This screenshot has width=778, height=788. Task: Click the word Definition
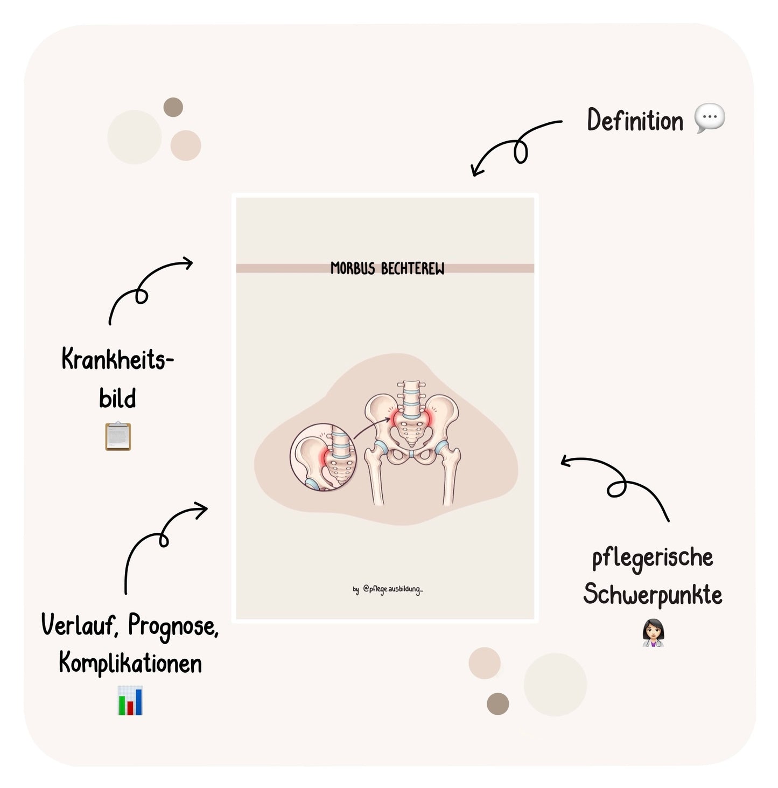click(x=635, y=120)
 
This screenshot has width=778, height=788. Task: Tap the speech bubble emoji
click(x=710, y=118)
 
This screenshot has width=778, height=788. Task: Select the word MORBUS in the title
click(x=353, y=269)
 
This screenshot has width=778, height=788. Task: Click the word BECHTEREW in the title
click(x=412, y=269)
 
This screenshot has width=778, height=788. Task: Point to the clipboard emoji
click(x=118, y=436)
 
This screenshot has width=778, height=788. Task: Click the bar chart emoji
click(x=130, y=701)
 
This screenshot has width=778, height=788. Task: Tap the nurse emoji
click(x=653, y=632)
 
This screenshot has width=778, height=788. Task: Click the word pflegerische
click(x=653, y=558)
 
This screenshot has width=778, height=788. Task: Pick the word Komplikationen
click(x=130, y=663)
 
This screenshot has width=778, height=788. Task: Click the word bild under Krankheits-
click(x=117, y=398)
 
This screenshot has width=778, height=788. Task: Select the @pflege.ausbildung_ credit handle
click(x=393, y=589)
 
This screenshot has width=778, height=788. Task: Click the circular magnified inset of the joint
click(x=323, y=457)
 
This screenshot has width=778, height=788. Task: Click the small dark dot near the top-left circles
click(x=173, y=107)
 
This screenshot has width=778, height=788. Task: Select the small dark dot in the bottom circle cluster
click(x=498, y=704)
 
